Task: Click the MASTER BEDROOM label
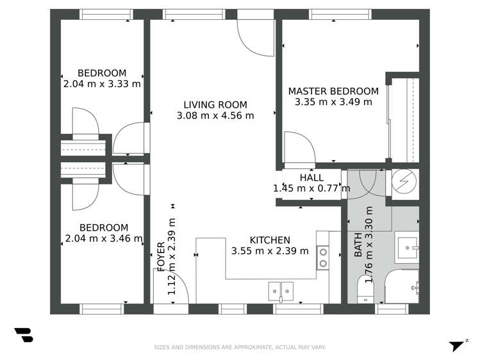(x=333, y=91)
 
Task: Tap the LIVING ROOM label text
(x=215, y=105)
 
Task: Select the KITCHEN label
(x=270, y=240)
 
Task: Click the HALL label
(x=311, y=177)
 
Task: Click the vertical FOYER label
(x=161, y=256)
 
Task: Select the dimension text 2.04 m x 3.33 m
(x=102, y=83)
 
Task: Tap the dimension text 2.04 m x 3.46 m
(x=103, y=238)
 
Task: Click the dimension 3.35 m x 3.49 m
(x=333, y=101)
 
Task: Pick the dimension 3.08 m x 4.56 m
(x=215, y=116)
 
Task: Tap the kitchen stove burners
(x=323, y=258)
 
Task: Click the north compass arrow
(x=456, y=345)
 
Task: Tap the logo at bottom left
(x=23, y=335)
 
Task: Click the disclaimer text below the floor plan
(x=240, y=347)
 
